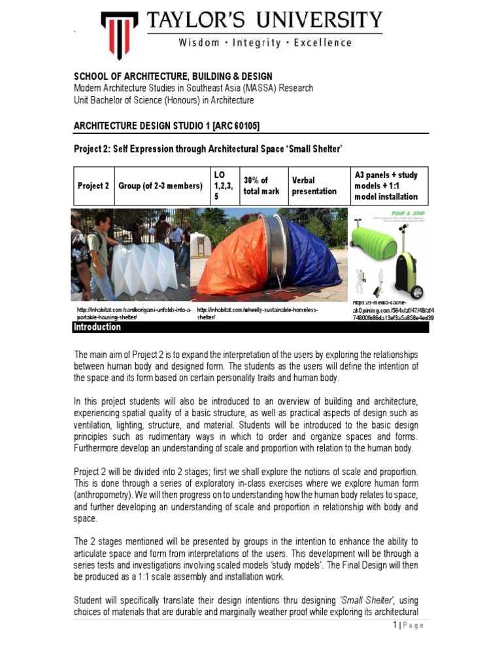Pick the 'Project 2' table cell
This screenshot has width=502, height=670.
pos(93,186)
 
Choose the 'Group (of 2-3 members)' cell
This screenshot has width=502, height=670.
pos(160,186)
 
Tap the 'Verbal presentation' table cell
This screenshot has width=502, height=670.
pos(314,186)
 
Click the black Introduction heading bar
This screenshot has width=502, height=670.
pos(250,327)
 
